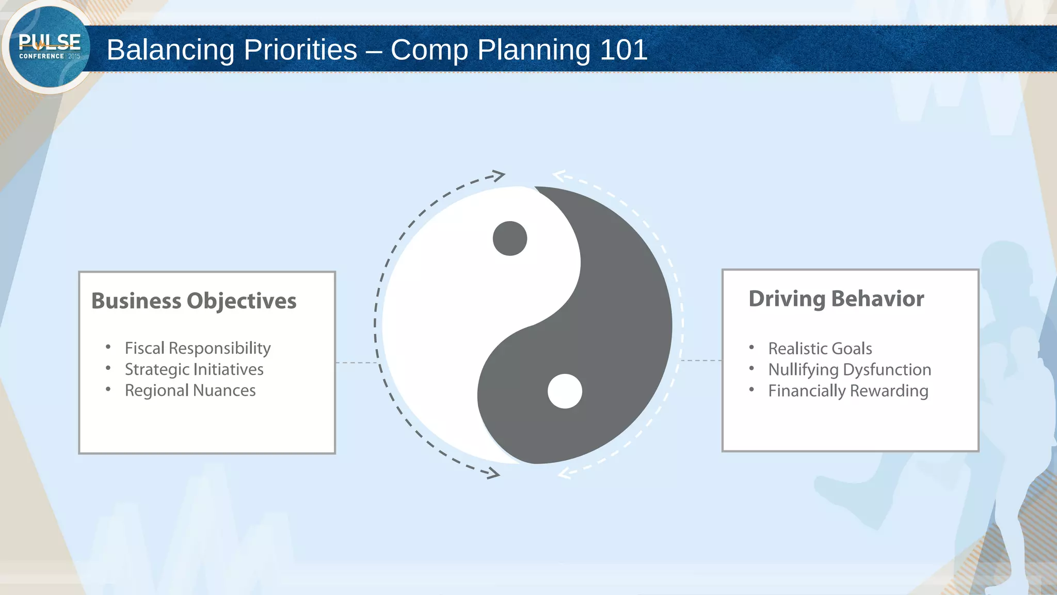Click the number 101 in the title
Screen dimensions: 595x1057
(x=623, y=50)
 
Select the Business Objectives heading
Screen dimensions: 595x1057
(x=194, y=301)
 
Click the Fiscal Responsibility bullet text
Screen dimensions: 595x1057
(x=198, y=348)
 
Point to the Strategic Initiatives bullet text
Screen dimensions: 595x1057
(x=194, y=369)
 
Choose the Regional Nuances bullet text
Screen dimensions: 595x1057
(x=190, y=390)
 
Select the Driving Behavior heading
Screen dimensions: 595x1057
(x=836, y=299)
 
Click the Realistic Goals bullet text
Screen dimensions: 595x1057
(x=820, y=349)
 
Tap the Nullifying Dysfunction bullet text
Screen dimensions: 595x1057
(x=850, y=370)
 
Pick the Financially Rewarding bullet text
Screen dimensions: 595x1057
(x=848, y=391)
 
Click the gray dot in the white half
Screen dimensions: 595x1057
(x=510, y=239)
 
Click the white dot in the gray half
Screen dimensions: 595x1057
(x=565, y=392)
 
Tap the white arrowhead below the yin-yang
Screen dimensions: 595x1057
(x=565, y=473)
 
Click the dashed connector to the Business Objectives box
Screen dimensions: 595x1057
(x=356, y=363)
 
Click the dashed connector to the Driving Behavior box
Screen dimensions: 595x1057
(x=701, y=361)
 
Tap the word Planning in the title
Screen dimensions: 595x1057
(x=534, y=50)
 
